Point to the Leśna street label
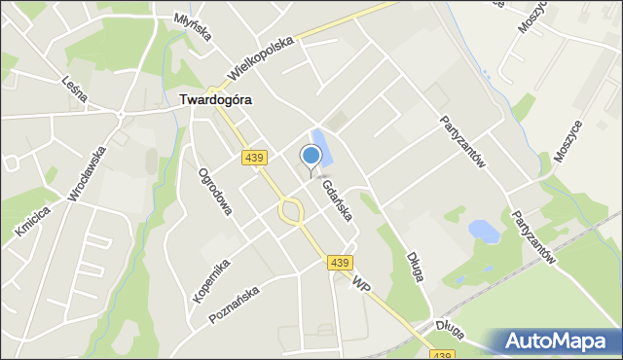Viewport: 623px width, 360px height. tap(74, 88)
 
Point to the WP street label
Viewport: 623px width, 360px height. tap(362, 285)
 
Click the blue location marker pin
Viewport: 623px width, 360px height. tap(311, 157)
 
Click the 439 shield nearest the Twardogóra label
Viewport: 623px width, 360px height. tap(254, 158)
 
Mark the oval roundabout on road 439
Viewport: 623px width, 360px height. tap(290, 209)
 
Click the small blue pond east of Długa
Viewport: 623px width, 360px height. tap(484, 232)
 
